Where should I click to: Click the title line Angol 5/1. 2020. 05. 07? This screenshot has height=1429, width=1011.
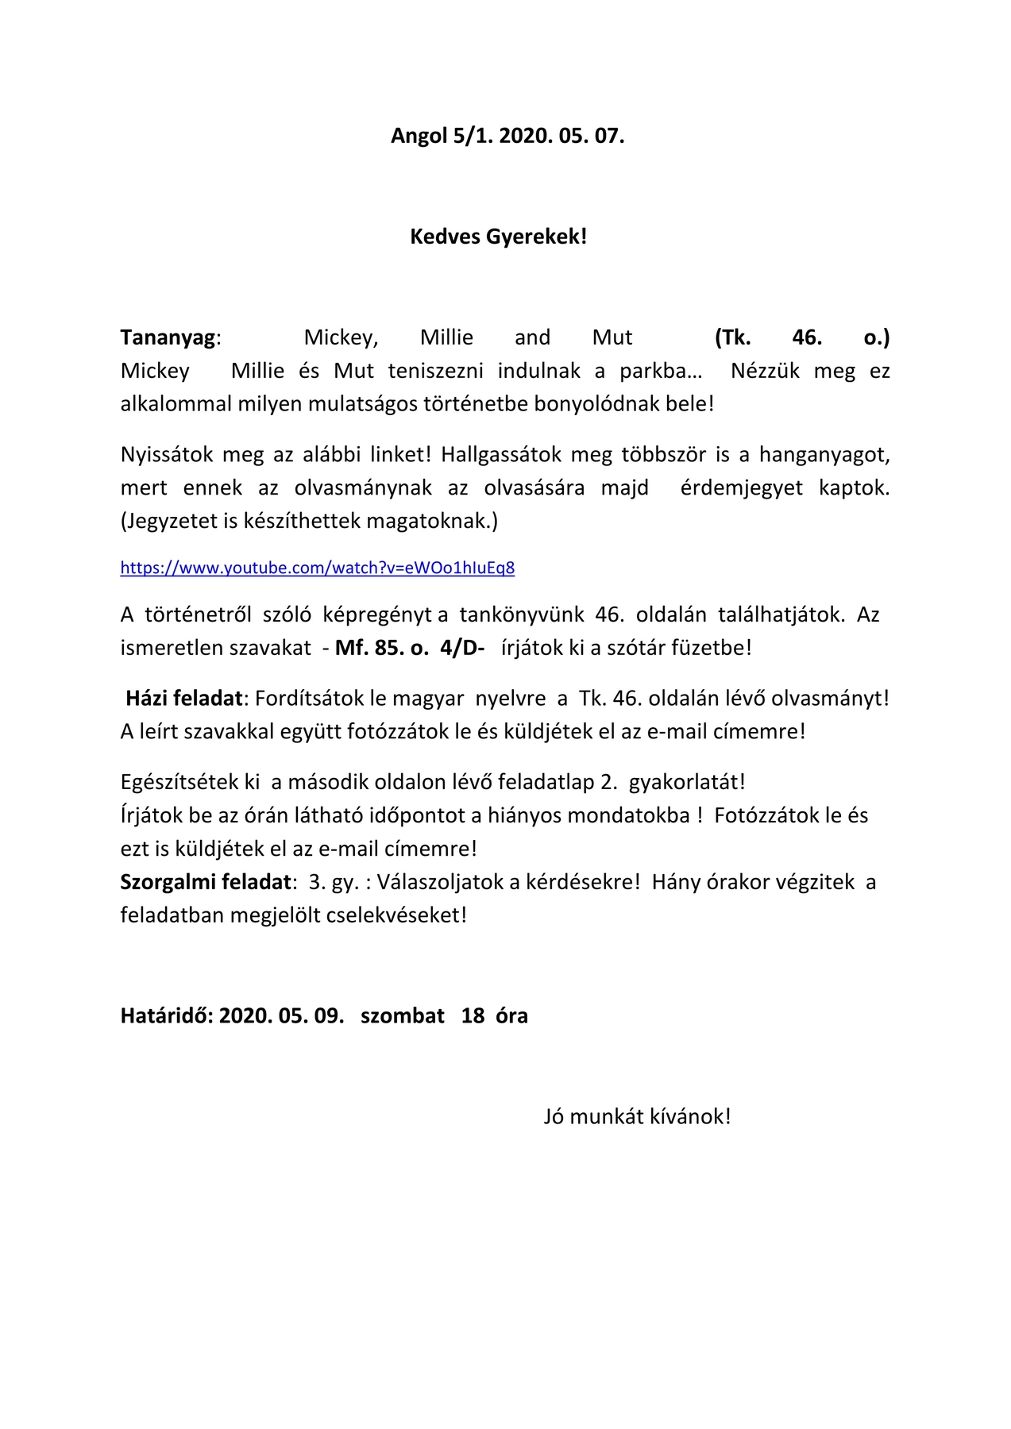(507, 136)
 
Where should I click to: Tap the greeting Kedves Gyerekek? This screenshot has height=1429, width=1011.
(498, 237)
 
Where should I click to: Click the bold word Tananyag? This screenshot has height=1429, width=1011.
(168, 338)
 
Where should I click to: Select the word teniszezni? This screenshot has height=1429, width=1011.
(435, 372)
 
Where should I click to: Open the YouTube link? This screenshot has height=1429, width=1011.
(318, 568)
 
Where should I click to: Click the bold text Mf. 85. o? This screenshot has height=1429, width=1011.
(381, 648)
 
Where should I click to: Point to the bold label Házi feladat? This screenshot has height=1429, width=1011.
(184, 699)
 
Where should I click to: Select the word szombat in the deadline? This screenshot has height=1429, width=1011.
(403, 1016)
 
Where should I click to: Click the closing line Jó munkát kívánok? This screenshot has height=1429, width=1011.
(637, 1117)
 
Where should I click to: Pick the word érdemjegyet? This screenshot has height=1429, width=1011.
(741, 487)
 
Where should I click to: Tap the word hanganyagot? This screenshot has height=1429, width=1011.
(824, 455)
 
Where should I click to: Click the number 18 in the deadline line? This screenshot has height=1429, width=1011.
(473, 1016)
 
